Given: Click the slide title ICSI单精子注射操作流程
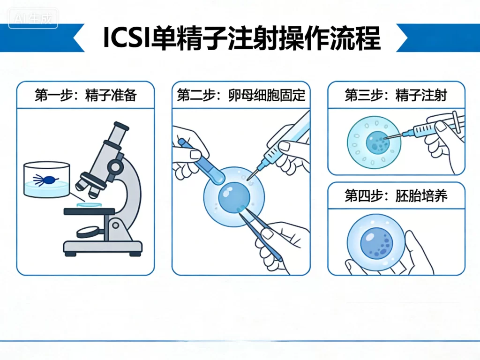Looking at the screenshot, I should pyautogui.click(x=241, y=38).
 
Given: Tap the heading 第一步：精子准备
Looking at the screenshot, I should pyautogui.click(x=85, y=96).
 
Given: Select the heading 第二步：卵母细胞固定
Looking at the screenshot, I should pyautogui.click(x=241, y=96).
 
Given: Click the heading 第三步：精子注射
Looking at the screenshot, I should pyautogui.click(x=396, y=96).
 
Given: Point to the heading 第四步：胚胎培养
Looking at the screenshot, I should pyautogui.click(x=396, y=195).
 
